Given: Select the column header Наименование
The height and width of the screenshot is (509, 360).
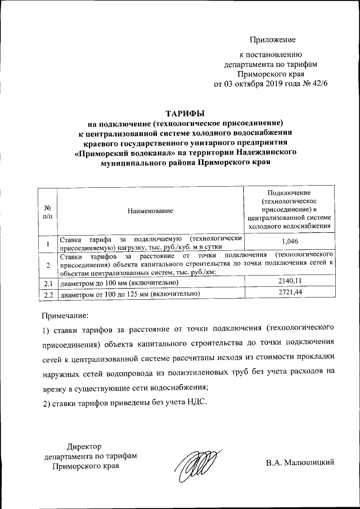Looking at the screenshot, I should pos(150,210).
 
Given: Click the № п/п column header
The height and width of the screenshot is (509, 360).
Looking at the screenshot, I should pos(48,211).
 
